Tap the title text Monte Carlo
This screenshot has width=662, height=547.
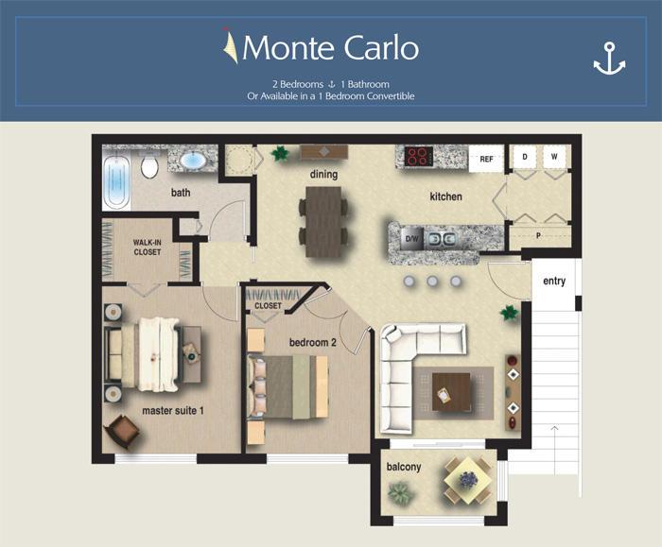coord(330,46)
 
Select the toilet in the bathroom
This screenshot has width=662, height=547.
coord(149,167)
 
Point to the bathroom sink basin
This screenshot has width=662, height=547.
coord(193,161)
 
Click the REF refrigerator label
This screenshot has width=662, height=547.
coord(486,159)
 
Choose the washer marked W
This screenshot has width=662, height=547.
coord(555,156)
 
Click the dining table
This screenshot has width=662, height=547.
coord(322,220)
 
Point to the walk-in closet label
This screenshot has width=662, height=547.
coord(148,248)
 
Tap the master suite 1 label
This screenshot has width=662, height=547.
coord(173,411)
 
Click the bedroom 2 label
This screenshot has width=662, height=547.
coord(312,341)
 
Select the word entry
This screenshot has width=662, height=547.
coord(553,281)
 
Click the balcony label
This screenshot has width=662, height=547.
coord(404,467)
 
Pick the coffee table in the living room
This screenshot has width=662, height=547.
coord(450,391)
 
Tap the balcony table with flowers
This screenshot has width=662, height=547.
coord(467,479)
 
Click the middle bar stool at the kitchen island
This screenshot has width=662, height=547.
coord(433,282)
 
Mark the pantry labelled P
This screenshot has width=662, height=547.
coord(539,236)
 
